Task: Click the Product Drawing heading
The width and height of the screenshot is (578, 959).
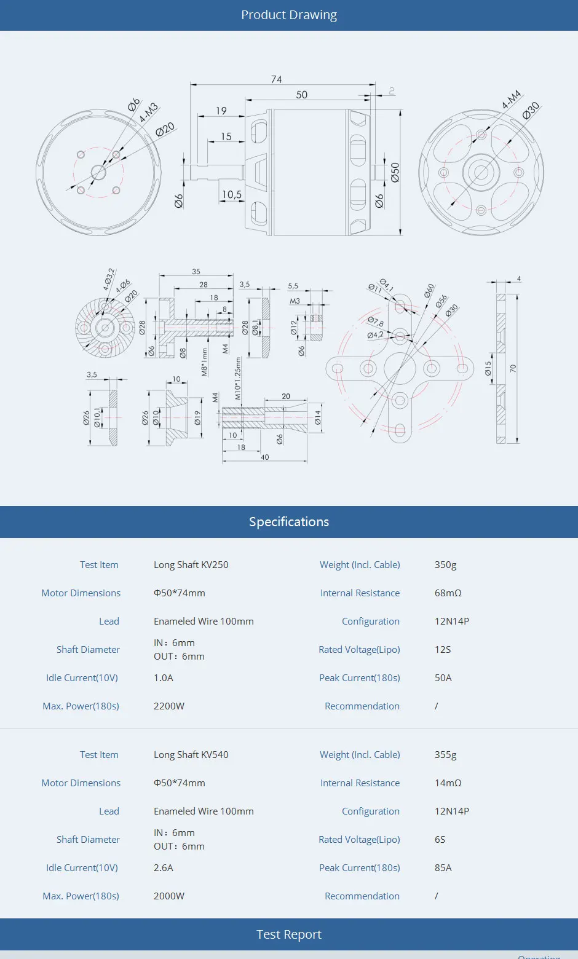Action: pyautogui.click(x=289, y=15)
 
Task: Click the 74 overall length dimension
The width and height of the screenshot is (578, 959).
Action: pyautogui.click(x=277, y=79)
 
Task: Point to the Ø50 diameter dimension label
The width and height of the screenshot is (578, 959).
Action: pyautogui.click(x=395, y=172)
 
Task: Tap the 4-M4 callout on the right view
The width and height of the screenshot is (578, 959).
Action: pyautogui.click(x=511, y=99)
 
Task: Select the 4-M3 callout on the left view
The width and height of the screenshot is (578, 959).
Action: pyautogui.click(x=148, y=112)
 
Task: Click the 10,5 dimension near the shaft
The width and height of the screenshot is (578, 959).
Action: pyautogui.click(x=232, y=194)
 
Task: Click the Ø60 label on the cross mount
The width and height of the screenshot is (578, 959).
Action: pyautogui.click(x=429, y=290)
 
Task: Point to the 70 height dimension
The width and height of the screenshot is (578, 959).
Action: pyautogui.click(x=513, y=368)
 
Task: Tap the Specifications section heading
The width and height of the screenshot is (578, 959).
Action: pyautogui.click(x=289, y=522)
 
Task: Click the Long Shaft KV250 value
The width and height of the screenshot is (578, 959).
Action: pyautogui.click(x=191, y=565)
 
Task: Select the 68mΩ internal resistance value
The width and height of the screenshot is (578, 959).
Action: pyautogui.click(x=448, y=593)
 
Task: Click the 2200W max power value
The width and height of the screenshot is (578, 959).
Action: pyautogui.click(x=169, y=706)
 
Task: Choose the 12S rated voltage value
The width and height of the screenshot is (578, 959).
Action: pyautogui.click(x=443, y=650)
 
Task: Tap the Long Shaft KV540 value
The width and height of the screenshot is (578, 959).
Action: pyautogui.click(x=191, y=755)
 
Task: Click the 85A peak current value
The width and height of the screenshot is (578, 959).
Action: pyautogui.click(x=443, y=868)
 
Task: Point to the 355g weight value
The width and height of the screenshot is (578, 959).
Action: pyautogui.click(x=446, y=755)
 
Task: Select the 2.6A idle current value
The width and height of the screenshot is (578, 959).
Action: pyautogui.click(x=164, y=868)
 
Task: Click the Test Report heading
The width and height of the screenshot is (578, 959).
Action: pyautogui.click(x=289, y=934)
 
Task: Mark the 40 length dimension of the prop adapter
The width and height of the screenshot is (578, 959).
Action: pyautogui.click(x=265, y=457)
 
